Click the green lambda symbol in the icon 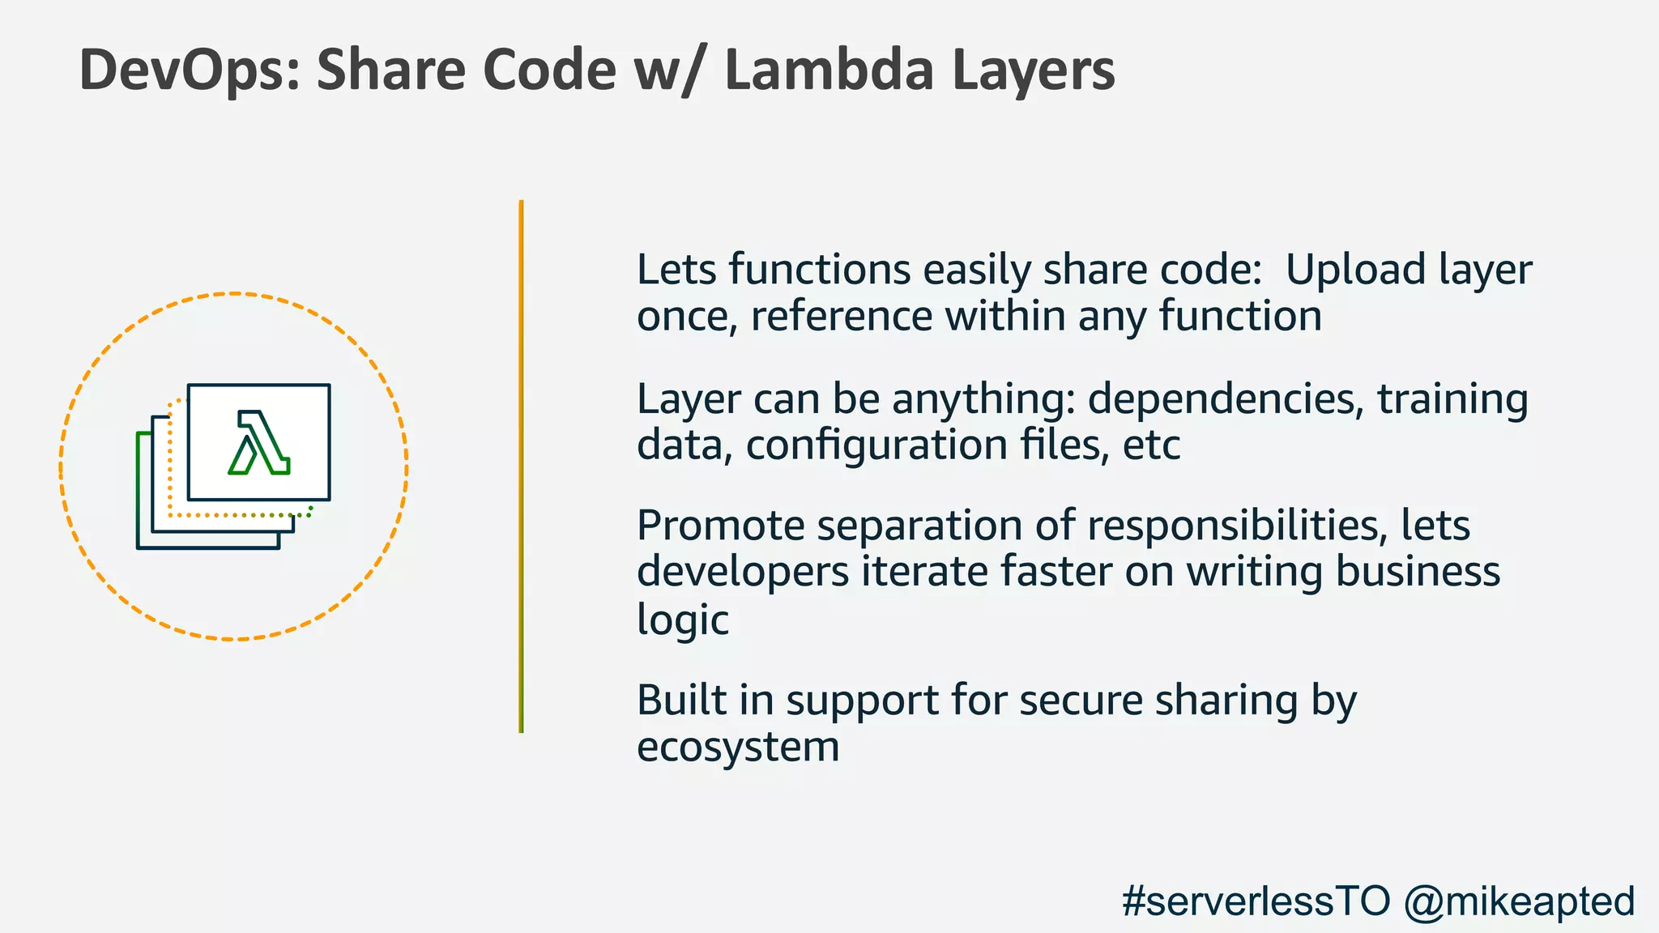(x=259, y=443)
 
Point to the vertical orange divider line (x=521, y=466)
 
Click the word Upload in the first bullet (x=1355, y=270)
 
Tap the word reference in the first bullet (x=842, y=316)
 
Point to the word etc (x=1151, y=445)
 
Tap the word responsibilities (x=1233, y=527)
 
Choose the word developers (x=743, y=573)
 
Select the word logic (x=682, y=620)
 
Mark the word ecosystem (x=738, y=747)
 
